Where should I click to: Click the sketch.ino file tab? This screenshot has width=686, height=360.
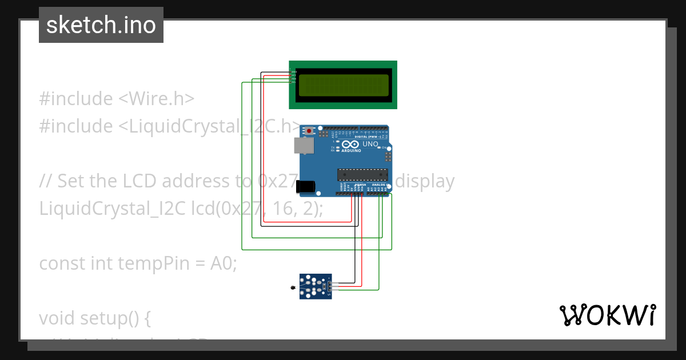pyautogui.click(x=101, y=25)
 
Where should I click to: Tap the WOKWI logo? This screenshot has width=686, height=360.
pyautogui.click(x=607, y=315)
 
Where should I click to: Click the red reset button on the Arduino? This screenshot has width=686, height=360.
pyautogui.click(x=309, y=131)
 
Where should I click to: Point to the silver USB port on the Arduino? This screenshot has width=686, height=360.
pyautogui.click(x=304, y=146)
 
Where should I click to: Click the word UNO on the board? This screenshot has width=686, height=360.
pyautogui.click(x=370, y=145)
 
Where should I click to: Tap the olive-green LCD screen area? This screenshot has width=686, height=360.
pyautogui.click(x=343, y=85)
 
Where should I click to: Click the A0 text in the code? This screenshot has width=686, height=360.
pyautogui.click(x=222, y=263)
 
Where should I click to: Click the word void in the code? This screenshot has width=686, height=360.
pyautogui.click(x=57, y=318)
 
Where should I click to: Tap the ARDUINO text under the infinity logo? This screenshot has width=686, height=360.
pyautogui.click(x=352, y=151)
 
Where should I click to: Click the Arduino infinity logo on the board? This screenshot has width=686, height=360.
pyautogui.click(x=351, y=144)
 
